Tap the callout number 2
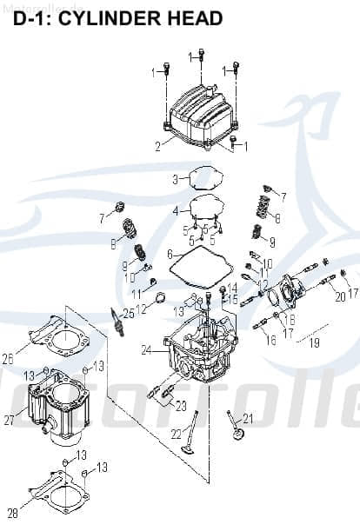pos(157,147)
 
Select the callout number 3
pos(175,179)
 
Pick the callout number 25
pos(128,313)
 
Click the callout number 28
pos(12,511)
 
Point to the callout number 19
pos(315,343)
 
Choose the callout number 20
pos(340,296)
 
